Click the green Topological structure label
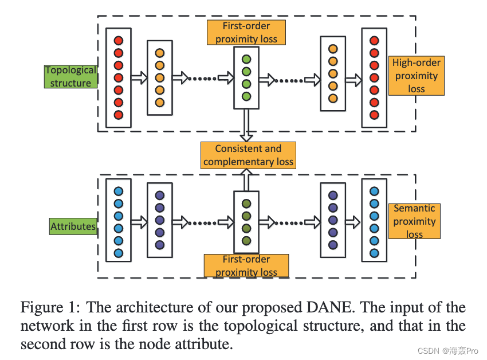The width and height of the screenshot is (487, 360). (71, 76)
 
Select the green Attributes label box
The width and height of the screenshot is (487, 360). (73, 226)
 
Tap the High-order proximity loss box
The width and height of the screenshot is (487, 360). (417, 76)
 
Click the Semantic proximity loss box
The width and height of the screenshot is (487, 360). (414, 221)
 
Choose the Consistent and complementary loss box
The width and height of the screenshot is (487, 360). (248, 155)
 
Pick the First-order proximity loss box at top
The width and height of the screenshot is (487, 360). (246, 32)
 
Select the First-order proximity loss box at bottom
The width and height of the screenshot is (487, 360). (246, 265)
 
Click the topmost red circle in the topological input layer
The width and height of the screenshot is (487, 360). (119, 41)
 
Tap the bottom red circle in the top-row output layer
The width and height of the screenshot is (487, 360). (374, 115)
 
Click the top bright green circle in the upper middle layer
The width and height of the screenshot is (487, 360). (246, 59)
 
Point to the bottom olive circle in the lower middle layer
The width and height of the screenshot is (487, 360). (246, 241)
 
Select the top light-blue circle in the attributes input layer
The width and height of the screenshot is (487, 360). (119, 191)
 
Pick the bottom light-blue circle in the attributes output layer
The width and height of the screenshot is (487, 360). (374, 253)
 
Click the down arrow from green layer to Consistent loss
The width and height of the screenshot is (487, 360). (246, 126)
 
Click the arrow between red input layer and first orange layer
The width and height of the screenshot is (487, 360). (139, 78)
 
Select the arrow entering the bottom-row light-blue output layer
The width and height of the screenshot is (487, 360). (354, 222)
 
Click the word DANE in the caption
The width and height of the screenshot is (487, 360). (329, 307)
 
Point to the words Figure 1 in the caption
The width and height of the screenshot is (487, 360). (50, 308)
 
